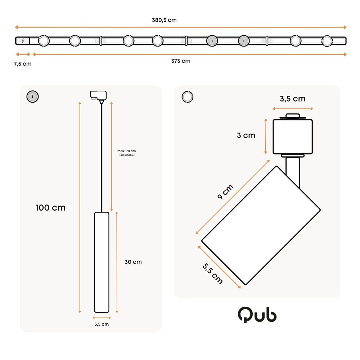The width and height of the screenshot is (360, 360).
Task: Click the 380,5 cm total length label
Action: pos(164,20)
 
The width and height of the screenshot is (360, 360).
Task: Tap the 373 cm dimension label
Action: pos(181,61)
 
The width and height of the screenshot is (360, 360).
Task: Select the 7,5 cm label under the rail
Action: pos(23,64)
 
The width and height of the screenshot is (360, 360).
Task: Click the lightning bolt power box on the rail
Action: pos(23,41)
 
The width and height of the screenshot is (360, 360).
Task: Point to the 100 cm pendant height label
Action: pos(50,208)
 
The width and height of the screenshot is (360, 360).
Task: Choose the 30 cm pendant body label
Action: pos(133,262)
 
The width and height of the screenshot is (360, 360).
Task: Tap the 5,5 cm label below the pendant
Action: pos(102,324)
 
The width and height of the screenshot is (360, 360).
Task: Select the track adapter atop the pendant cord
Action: pos(99,96)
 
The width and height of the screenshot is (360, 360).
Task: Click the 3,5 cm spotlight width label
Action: pos(293,99)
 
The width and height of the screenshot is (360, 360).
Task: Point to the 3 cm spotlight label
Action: pos(246,135)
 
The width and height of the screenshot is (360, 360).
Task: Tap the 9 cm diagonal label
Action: pos(226,192)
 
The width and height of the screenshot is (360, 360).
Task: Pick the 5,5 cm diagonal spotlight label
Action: pos(212,274)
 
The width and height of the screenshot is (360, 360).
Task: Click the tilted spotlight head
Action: pos(261,225)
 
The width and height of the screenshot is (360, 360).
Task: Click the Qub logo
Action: pos(257,315)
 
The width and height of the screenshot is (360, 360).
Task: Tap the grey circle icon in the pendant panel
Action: pos(33,96)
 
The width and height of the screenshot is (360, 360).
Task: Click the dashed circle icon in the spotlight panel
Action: pos(188,97)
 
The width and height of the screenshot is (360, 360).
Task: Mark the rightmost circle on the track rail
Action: pos(327,41)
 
